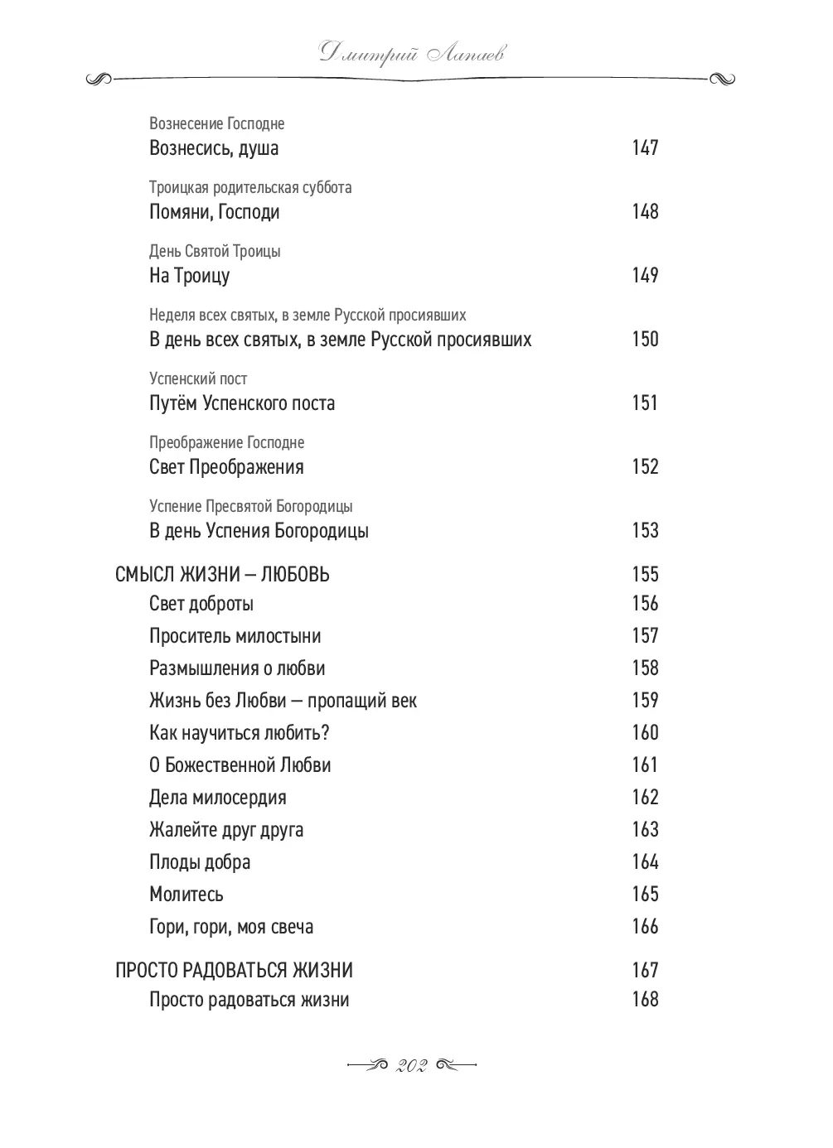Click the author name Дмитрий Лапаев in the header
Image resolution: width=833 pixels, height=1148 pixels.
[x=411, y=55]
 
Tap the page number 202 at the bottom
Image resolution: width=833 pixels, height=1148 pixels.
[x=411, y=1066]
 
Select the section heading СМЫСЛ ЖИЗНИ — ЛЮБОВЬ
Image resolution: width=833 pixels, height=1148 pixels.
[x=222, y=575]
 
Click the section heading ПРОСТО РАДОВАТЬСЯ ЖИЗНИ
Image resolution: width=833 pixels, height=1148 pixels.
[x=234, y=970]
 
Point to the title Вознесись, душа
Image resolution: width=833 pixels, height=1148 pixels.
[x=214, y=148]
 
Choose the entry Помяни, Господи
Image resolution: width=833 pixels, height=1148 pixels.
[x=214, y=212]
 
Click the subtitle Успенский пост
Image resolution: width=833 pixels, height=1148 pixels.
[x=198, y=379]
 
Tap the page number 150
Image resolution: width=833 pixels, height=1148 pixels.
[x=645, y=339]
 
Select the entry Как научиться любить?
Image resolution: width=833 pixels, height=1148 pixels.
[x=240, y=733]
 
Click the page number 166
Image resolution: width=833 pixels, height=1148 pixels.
[x=645, y=926]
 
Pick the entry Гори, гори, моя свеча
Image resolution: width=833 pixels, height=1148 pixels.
[x=231, y=927]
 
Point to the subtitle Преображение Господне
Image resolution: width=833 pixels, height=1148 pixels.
[x=226, y=442]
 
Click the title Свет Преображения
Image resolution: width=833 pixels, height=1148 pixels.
[x=226, y=467]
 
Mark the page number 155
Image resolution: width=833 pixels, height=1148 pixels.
[x=645, y=574]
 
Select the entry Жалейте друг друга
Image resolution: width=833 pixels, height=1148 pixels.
[x=226, y=830]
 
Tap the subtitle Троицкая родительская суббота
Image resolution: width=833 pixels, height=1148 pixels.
[x=250, y=187]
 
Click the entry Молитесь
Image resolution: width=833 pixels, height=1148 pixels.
[x=186, y=895]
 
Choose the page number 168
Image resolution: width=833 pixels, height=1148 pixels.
[x=645, y=999]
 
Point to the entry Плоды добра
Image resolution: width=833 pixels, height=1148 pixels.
[x=200, y=862]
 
